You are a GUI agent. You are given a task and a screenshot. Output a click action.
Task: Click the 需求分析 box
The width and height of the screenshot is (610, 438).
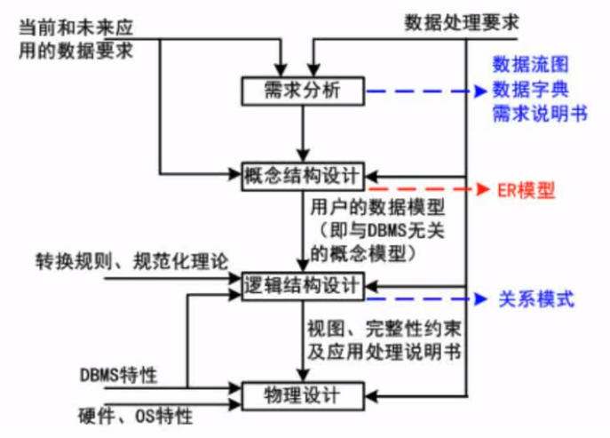coord(303,91)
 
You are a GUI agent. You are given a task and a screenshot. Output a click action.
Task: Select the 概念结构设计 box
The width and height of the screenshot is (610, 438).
coord(303,175)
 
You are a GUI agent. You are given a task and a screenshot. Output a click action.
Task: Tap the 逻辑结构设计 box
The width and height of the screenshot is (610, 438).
coord(303,285)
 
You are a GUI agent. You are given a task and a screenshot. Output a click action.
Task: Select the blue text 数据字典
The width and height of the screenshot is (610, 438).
coord(529,91)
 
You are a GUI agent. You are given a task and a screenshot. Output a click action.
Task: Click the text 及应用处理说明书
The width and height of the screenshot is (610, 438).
coord(384,349)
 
